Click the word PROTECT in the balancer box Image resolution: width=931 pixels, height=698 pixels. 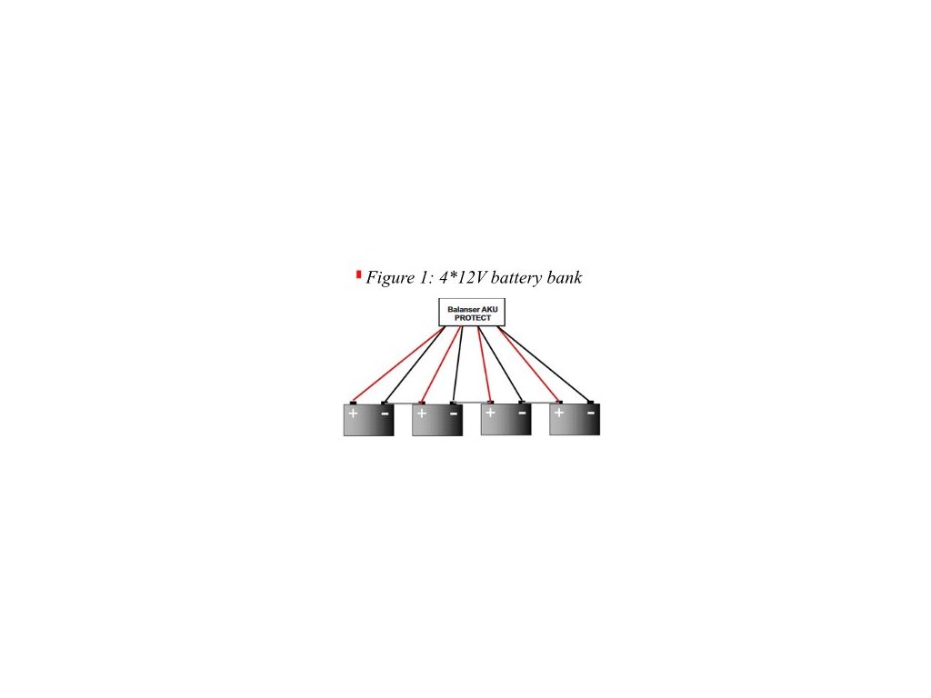coord(472,318)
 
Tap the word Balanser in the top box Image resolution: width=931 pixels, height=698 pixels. coord(461,310)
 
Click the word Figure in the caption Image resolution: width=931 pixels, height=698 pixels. coord(390,278)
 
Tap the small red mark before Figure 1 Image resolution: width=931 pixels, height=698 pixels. coord(358,274)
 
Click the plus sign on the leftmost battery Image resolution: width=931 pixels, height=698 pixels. coord(353,414)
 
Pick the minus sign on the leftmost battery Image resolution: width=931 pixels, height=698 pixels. coord(385,414)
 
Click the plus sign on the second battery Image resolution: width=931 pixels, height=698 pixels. coord(422,414)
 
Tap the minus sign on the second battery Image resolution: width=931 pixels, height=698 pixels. coord(454,414)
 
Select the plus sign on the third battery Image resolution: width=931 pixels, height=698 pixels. coord(490,414)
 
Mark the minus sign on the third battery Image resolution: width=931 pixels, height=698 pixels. coord(522,414)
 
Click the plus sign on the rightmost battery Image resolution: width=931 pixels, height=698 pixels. coord(559,414)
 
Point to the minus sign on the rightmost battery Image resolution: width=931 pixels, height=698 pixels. coord(591,414)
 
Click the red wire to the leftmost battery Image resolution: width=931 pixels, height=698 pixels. coord(398,364)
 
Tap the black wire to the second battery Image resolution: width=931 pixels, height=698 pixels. coord(457,364)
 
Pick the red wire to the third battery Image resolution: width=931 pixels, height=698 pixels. coord(484,364)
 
